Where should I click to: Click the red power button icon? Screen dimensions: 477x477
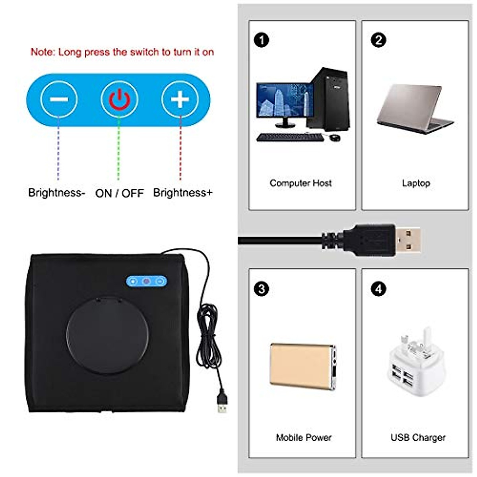click(119, 99)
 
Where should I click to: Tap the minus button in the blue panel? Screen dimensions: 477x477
click(59, 99)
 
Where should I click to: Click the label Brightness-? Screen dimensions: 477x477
click(56, 193)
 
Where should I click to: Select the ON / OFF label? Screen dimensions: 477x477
click(119, 193)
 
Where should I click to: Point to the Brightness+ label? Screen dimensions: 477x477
click(183, 193)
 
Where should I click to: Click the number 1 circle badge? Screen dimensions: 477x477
click(261, 40)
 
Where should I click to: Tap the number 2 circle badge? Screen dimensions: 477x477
click(378, 40)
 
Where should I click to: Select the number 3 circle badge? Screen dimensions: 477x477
click(261, 289)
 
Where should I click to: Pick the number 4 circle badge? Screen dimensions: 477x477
click(378, 289)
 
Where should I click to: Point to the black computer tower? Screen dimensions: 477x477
click(329, 99)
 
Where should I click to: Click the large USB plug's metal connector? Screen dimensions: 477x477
click(407, 240)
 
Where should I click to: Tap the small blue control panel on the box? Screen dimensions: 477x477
click(146, 281)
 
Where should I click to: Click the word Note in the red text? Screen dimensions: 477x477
click(42, 52)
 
